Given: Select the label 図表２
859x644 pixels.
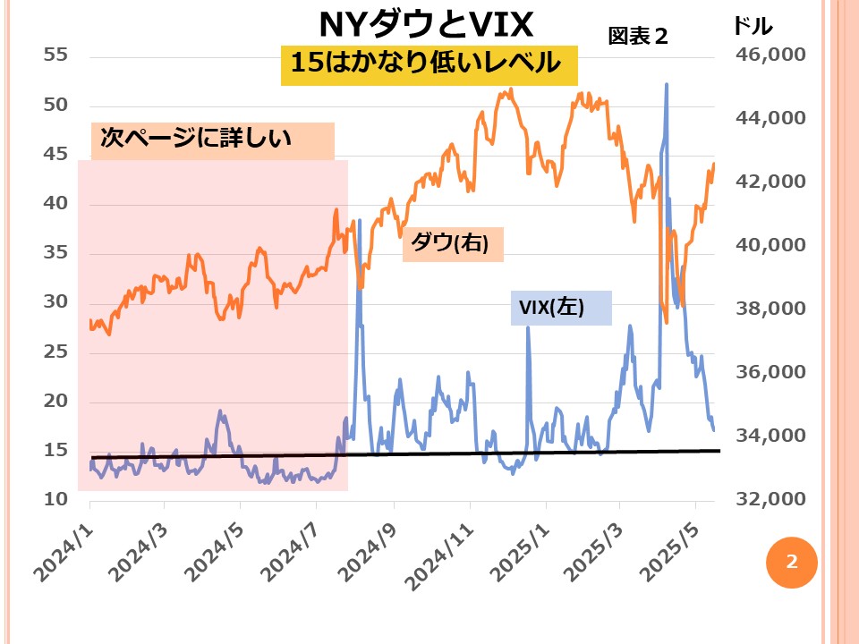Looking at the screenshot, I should [638, 37].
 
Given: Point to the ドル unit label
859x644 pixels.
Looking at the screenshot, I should [753, 24].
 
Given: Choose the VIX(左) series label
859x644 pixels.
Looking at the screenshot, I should [552, 308].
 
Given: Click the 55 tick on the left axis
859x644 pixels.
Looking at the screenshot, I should [55, 55].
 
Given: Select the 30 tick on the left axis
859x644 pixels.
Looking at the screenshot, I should [55, 301].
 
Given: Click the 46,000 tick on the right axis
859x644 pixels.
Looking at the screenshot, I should [770, 55].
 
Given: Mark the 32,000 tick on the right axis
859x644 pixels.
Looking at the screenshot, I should [770, 498].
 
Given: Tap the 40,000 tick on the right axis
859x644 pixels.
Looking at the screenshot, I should [770, 245].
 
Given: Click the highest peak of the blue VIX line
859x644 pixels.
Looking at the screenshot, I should [667, 85].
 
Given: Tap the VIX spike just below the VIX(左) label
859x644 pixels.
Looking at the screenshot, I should [528, 329].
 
